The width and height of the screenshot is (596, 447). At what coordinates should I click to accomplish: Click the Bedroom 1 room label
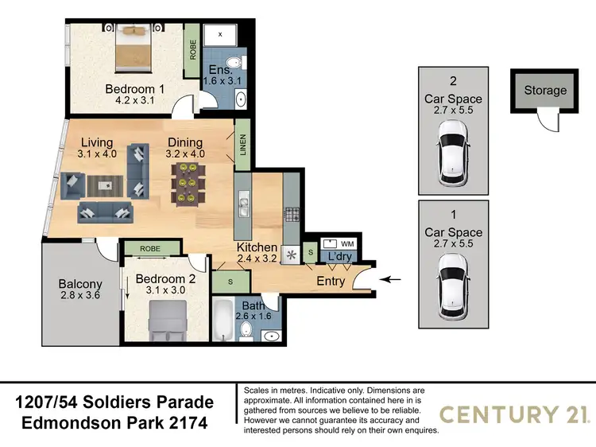[135, 89]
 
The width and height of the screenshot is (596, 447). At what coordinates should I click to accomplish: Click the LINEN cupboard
[242, 146]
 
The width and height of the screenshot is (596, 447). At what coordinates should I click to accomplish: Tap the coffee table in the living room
[104, 185]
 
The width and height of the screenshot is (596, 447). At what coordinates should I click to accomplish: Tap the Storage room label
[545, 90]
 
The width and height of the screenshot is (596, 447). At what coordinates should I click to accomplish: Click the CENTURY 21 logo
[513, 414]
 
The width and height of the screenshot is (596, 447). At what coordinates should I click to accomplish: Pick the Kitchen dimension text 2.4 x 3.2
[257, 259]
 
